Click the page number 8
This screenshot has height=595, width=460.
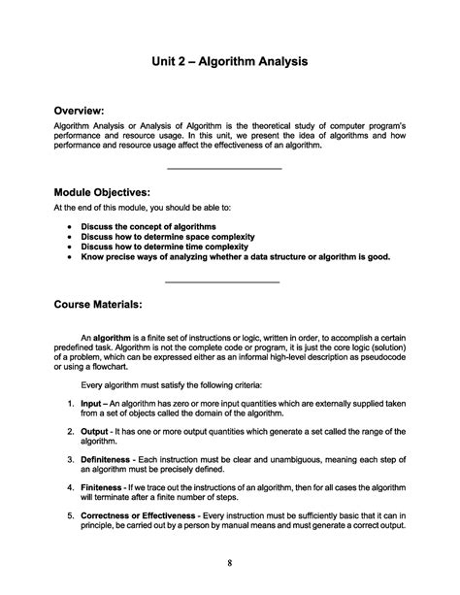click(229, 562)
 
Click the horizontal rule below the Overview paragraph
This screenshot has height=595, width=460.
click(224, 170)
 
